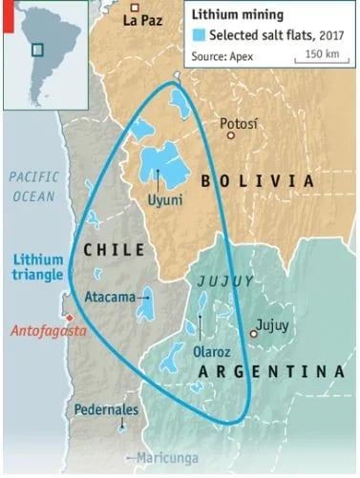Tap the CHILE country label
(x=115, y=250)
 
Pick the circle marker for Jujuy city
(x=254, y=333)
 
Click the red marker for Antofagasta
(x=69, y=319)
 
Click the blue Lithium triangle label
(x=35, y=266)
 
